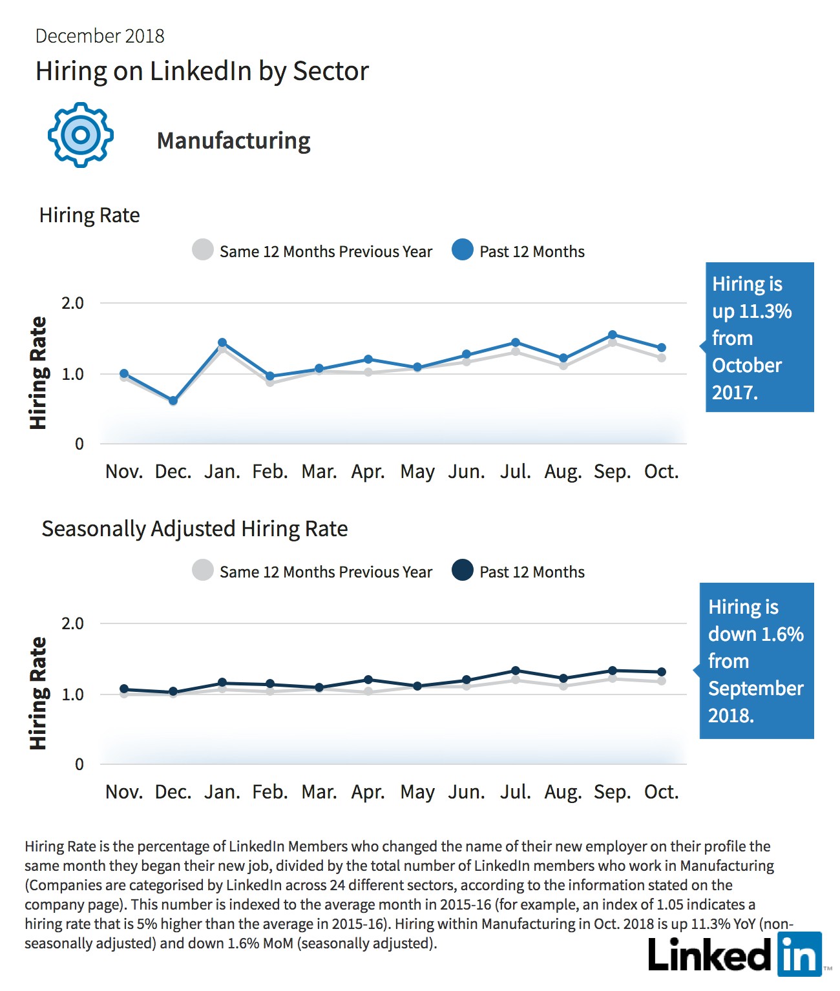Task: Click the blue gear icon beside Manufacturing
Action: click(81, 135)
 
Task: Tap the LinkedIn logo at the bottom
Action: click(735, 954)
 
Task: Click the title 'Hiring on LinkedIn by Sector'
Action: click(202, 72)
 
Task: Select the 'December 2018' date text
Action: click(100, 36)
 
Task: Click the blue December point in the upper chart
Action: click(173, 401)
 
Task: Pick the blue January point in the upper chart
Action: click(222, 342)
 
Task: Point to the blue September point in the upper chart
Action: click(613, 335)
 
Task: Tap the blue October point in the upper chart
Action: click(661, 348)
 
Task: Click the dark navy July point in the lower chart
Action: click(516, 671)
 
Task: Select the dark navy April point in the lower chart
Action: click(368, 680)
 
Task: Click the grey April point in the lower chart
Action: click(368, 691)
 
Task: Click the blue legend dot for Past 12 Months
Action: click(463, 250)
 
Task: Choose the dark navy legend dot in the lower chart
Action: click(463, 570)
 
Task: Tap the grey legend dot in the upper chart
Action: click(203, 250)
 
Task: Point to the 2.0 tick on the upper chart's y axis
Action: click(72, 303)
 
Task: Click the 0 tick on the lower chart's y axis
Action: click(79, 764)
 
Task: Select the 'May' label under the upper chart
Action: click(417, 472)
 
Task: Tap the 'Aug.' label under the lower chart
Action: click(563, 793)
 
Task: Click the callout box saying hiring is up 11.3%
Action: click(759, 337)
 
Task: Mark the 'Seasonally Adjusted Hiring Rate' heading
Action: click(194, 529)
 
